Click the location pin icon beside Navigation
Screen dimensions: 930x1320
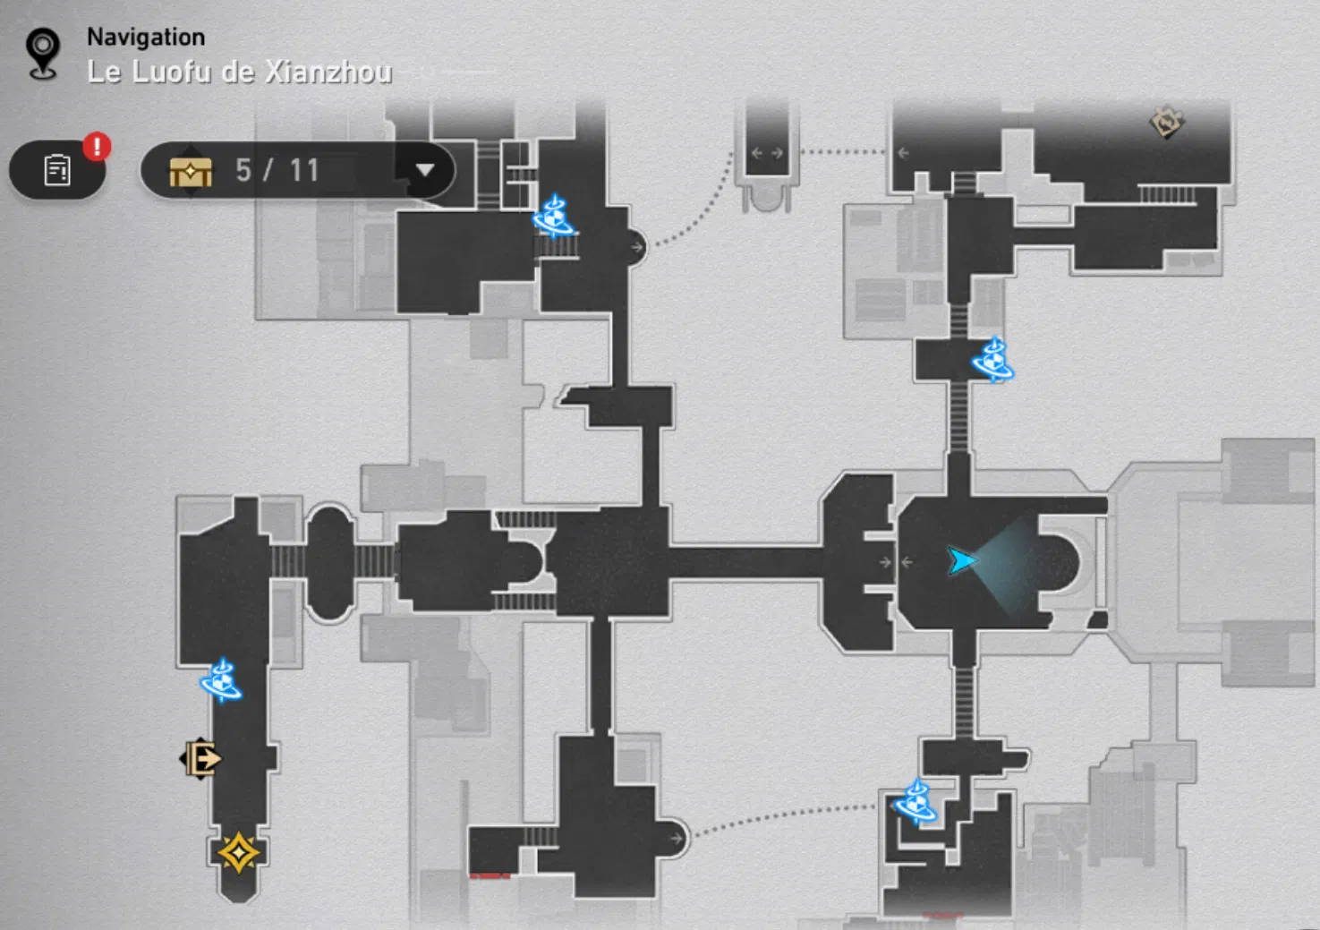click(x=42, y=53)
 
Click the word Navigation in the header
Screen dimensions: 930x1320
click(x=146, y=38)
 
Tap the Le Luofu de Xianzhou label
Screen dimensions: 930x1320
click(x=239, y=72)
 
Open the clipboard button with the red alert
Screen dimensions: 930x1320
click(x=57, y=170)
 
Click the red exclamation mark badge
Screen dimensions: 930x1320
click(x=97, y=146)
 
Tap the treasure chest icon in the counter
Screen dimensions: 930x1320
click(x=191, y=170)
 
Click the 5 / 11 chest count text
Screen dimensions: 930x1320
click(x=277, y=170)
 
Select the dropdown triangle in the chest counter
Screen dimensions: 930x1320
click(x=424, y=170)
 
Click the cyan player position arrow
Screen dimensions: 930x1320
click(x=961, y=561)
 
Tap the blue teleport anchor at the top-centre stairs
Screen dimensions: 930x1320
click(x=553, y=217)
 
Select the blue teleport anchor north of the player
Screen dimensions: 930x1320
click(x=992, y=361)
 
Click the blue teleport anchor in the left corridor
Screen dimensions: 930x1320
click(x=221, y=682)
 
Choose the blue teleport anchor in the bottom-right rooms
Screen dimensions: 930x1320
click(x=915, y=803)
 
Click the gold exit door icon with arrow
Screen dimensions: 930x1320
click(x=202, y=759)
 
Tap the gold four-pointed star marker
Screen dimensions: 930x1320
click(x=238, y=853)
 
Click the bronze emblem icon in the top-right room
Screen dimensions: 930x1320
click(x=1166, y=123)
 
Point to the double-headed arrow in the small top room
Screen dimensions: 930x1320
click(x=767, y=153)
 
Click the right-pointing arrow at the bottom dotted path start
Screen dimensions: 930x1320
click(x=676, y=839)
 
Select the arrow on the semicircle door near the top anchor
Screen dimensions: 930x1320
click(x=636, y=248)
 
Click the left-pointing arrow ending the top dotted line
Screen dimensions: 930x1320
click(x=903, y=153)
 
